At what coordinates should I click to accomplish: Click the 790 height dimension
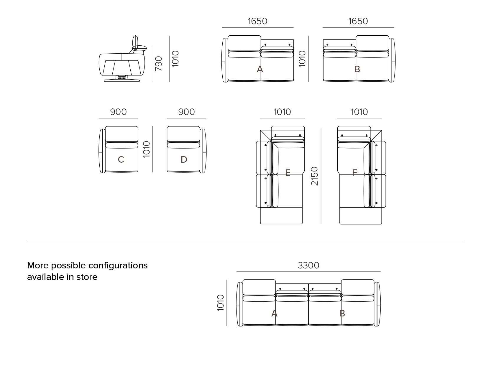coord(159,64)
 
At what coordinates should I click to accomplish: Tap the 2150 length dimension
coord(315,176)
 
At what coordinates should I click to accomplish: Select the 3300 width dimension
coord(308,265)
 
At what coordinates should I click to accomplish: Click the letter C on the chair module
coord(121,160)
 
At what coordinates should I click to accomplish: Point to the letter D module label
coord(184,160)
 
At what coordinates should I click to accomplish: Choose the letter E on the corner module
coord(288,173)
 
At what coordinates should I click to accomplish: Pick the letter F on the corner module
coord(355,173)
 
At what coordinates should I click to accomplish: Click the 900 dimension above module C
coord(118,112)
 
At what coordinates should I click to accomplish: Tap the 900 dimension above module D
coord(186,112)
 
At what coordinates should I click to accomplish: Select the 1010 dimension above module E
coord(282,112)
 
